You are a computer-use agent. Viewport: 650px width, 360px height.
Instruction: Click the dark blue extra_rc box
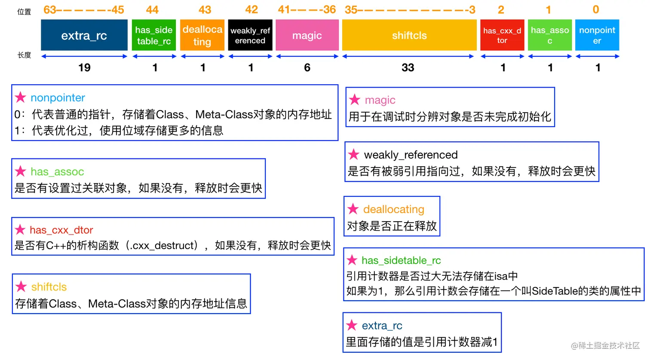(x=84, y=35)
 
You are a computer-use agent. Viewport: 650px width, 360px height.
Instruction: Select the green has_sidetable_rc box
(x=154, y=35)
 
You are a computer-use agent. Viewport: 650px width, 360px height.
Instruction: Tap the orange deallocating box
(x=202, y=35)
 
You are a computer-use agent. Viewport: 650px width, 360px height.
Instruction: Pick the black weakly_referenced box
(x=250, y=35)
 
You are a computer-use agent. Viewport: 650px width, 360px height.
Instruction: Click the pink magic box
(x=307, y=35)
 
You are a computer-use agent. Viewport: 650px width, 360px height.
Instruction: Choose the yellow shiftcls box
(x=409, y=35)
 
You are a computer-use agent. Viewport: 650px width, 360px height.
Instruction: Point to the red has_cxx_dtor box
(x=502, y=35)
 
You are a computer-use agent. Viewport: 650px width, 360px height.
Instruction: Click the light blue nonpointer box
(x=597, y=35)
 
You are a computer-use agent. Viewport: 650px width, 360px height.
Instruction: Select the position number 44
(x=152, y=10)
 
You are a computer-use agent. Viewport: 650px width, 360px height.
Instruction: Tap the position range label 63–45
(x=84, y=10)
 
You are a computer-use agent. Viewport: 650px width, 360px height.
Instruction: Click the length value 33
(x=408, y=67)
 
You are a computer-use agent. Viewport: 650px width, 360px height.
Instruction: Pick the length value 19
(x=84, y=67)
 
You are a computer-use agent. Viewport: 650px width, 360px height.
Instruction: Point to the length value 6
(x=307, y=67)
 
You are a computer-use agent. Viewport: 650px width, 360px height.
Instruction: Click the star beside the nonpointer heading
(x=21, y=98)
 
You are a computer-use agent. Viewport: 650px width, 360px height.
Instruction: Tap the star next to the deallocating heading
(x=353, y=209)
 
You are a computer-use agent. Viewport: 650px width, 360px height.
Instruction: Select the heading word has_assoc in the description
(x=57, y=172)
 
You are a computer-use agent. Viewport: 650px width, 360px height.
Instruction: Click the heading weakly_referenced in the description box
(x=411, y=155)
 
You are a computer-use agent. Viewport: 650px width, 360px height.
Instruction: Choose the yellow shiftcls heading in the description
(x=49, y=287)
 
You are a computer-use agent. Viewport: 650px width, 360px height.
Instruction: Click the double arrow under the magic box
(x=307, y=56)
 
